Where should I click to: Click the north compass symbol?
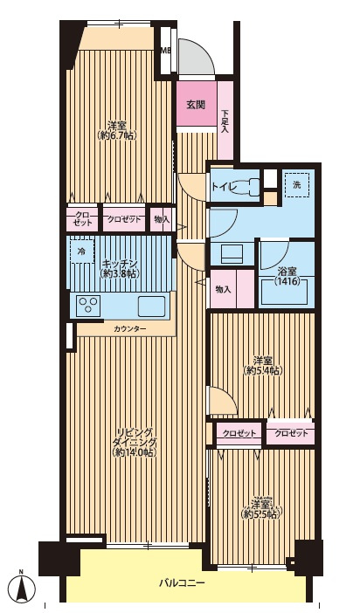tap(23, 588)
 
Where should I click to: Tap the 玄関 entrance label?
tap(196, 105)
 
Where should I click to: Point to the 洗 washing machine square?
tap(297, 185)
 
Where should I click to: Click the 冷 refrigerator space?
tap(82, 251)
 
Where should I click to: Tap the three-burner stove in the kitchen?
tap(89, 306)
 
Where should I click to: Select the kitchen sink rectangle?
tap(151, 306)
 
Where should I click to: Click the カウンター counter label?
tap(129, 329)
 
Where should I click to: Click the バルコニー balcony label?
tap(182, 583)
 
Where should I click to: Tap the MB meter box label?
tap(166, 50)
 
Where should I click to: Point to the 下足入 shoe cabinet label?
tap(225, 121)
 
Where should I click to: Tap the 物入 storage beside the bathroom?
tap(224, 290)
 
